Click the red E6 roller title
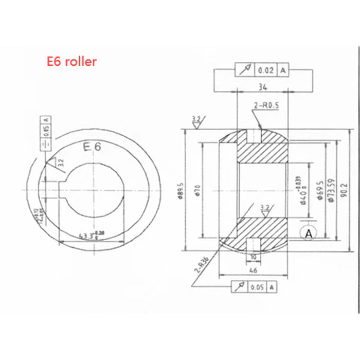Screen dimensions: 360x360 coord(71,62)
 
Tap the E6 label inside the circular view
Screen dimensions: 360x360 coord(93,148)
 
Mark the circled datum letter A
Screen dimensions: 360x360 coord(309,234)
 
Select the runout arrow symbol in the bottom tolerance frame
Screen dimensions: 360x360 coord(240,287)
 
